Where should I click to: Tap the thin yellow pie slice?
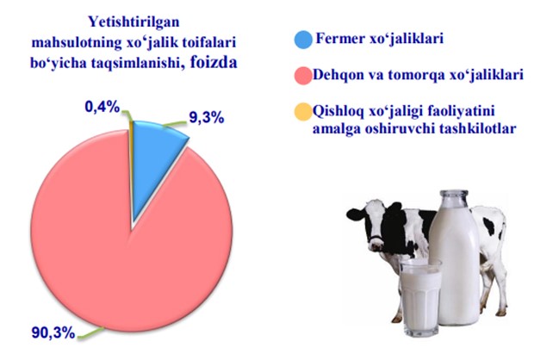[132, 160]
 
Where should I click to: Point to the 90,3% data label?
[53, 333]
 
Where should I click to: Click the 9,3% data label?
[207, 117]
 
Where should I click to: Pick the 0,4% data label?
[102, 107]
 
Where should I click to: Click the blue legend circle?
[303, 40]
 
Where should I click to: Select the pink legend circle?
[303, 76]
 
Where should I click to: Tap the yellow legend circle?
[303, 112]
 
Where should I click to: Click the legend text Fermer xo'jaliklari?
[380, 39]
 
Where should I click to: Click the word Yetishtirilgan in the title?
[134, 22]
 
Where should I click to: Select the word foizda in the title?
[214, 62]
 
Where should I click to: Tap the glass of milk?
[420, 298]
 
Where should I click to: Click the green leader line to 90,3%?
[91, 333]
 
